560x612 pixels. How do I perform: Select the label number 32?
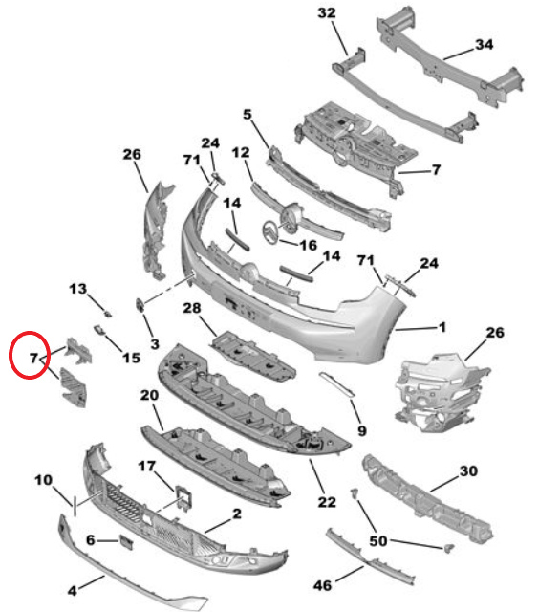(327, 12)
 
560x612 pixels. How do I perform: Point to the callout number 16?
(308, 246)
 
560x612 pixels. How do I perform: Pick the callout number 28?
(192, 308)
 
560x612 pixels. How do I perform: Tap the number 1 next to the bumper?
(442, 327)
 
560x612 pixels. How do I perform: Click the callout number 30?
(468, 470)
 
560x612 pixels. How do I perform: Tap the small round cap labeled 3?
(140, 304)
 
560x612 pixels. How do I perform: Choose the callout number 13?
(77, 288)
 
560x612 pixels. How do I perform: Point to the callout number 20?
(149, 395)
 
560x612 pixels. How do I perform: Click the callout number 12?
(240, 151)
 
